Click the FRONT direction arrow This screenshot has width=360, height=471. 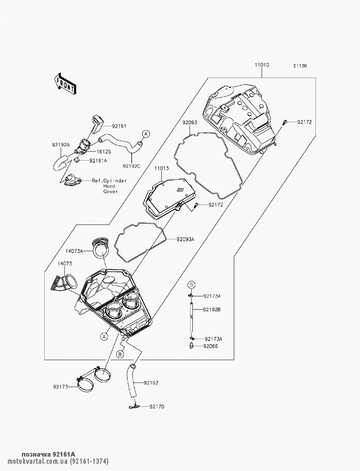(65, 83)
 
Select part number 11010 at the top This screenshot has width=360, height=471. (262, 65)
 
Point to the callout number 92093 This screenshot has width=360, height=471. (189, 123)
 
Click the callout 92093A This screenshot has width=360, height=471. (185, 239)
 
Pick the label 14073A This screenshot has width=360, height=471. (74, 251)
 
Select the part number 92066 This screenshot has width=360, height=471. (211, 346)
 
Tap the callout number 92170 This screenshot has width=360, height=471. (157, 407)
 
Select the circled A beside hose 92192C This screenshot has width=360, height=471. (145, 134)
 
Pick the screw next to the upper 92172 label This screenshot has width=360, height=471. (285, 122)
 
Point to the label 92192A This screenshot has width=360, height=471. (59, 145)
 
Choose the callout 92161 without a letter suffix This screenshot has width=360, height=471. (119, 126)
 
